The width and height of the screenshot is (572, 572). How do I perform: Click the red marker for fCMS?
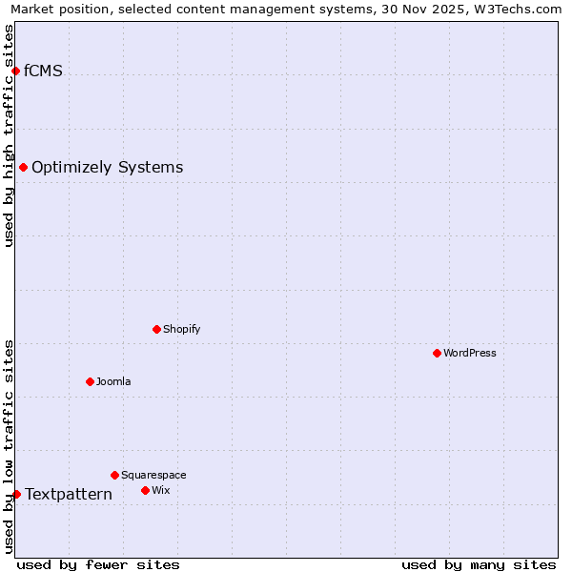(15, 71)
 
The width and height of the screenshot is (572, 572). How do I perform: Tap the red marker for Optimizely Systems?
(23, 167)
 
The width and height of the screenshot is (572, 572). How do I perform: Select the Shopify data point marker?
(156, 329)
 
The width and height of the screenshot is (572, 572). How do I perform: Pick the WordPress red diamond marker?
(437, 353)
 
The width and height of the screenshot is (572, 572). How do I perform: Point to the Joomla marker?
(90, 381)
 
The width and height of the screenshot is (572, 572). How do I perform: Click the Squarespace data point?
(114, 475)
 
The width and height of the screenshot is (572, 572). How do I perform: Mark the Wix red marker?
(145, 490)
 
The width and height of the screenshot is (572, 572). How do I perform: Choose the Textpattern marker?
(16, 494)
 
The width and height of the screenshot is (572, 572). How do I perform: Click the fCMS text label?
(43, 71)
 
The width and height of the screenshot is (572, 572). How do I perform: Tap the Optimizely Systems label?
(107, 168)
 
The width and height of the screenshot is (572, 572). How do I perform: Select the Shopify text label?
(181, 329)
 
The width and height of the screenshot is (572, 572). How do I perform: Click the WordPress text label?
(469, 353)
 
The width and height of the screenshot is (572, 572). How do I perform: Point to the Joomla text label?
(113, 381)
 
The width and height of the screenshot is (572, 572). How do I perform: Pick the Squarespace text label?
(153, 475)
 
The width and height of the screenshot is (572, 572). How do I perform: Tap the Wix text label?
(160, 490)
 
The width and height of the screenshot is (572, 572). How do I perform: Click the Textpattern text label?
(68, 494)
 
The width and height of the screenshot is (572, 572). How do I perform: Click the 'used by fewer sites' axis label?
(98, 564)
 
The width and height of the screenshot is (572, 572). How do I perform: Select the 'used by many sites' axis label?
(479, 564)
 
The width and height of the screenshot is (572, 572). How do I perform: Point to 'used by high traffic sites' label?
(9, 135)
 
